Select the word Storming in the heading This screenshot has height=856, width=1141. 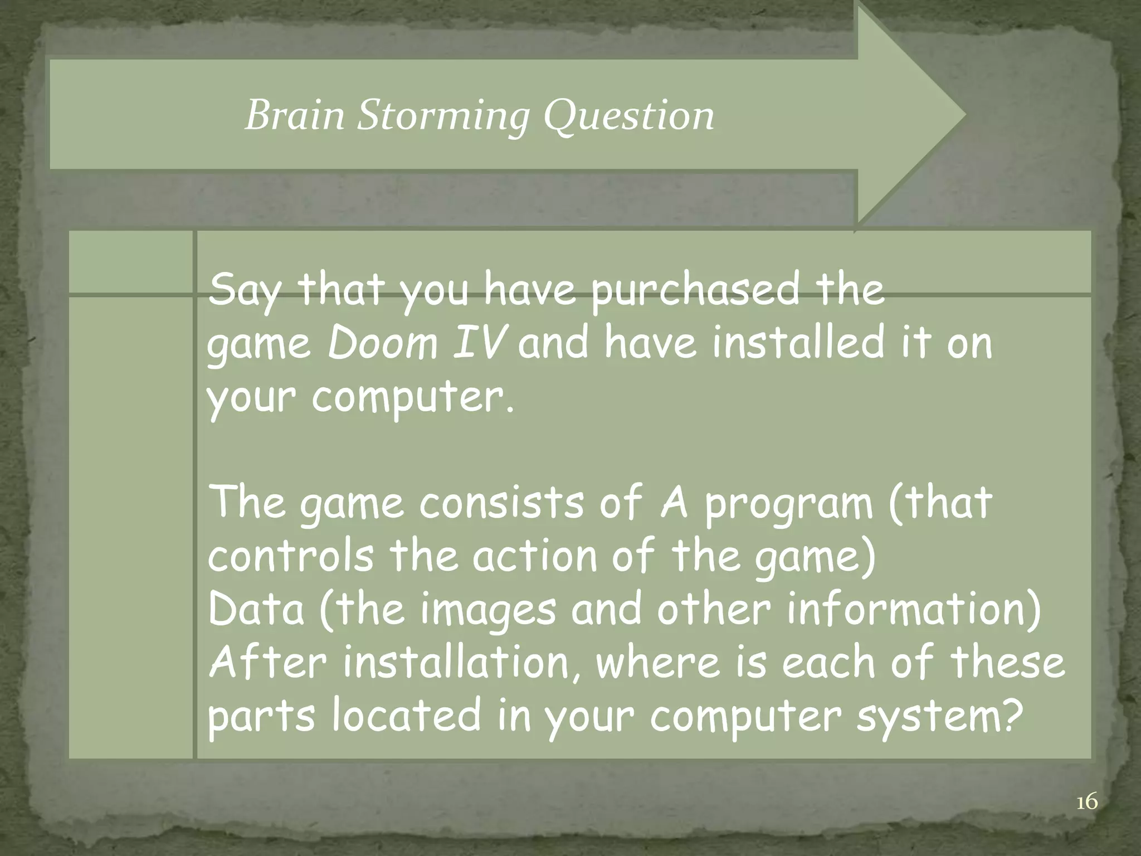(442, 117)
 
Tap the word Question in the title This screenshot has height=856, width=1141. (628, 117)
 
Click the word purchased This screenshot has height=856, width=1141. (695, 291)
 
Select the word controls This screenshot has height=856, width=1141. (291, 556)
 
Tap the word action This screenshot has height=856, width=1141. (535, 556)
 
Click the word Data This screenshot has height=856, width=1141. (256, 609)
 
